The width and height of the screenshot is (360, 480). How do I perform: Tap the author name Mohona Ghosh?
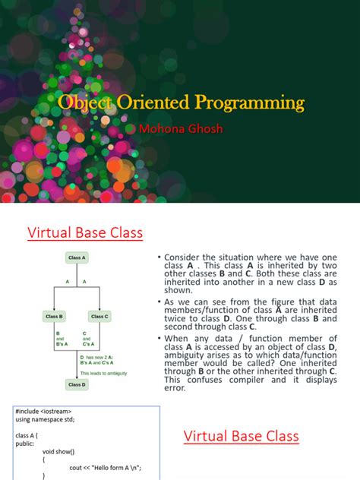(x=180, y=129)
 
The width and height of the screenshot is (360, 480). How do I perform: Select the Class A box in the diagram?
(x=76, y=258)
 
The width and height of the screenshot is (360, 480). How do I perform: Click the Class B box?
(x=55, y=317)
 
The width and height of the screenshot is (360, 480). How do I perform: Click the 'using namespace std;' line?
(x=45, y=419)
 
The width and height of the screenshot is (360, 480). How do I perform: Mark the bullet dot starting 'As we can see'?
(x=158, y=302)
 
